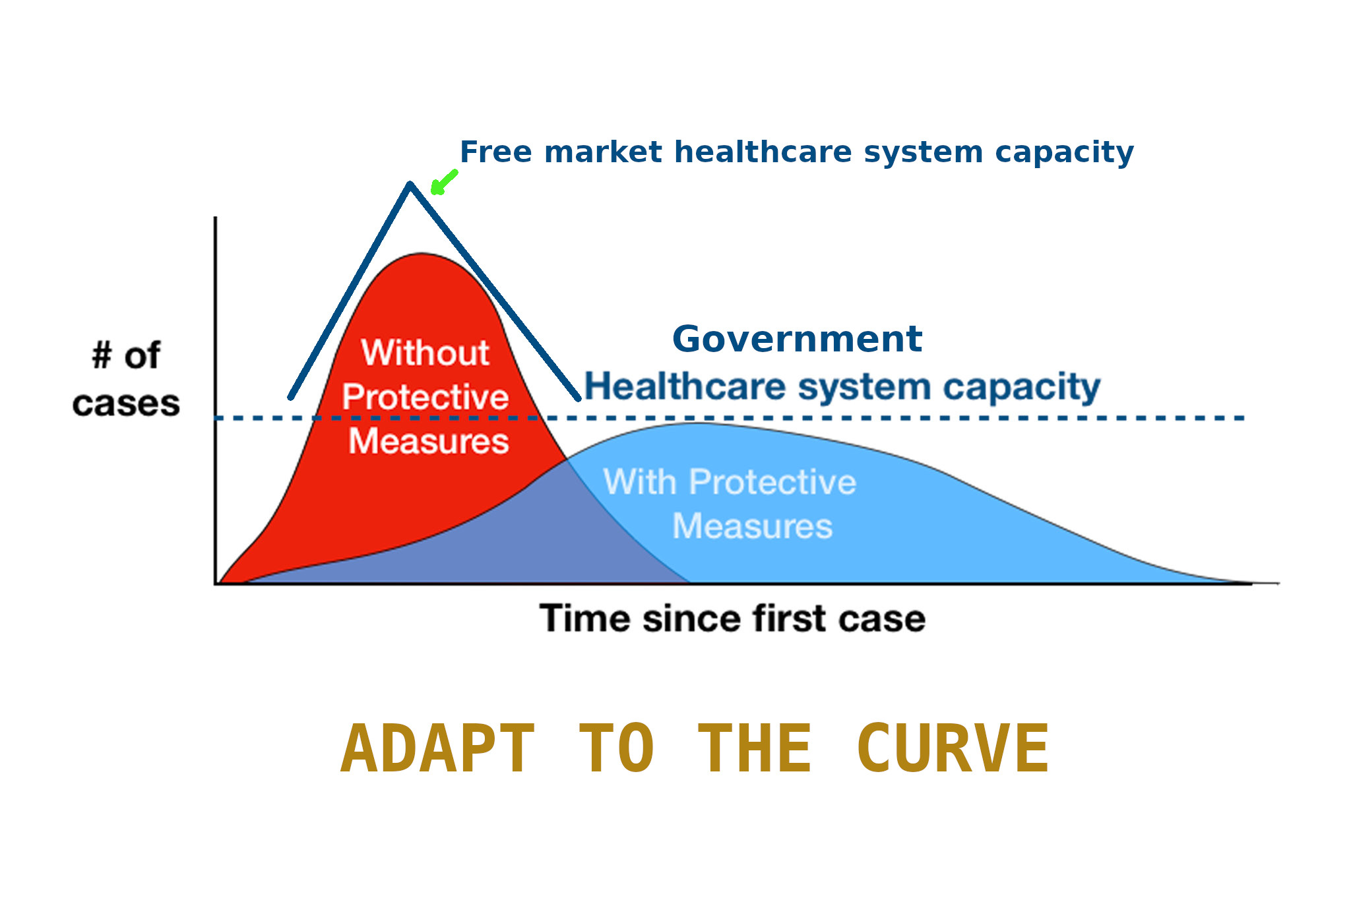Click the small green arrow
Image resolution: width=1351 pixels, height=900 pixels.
tap(443, 183)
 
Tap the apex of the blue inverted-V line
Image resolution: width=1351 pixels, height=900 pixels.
tap(410, 185)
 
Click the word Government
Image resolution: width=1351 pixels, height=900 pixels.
tap(797, 340)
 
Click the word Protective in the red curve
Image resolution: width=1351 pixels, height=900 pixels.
tap(425, 397)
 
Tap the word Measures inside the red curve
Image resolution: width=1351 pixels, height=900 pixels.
tap(429, 441)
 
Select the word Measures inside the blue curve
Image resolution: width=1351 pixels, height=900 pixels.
tap(753, 526)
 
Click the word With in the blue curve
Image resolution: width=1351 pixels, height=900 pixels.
tap(640, 481)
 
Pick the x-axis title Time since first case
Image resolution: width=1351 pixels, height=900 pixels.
tap(732, 618)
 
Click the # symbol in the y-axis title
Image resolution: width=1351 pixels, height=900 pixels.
tap(102, 356)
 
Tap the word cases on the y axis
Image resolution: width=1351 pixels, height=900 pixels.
tap(126, 404)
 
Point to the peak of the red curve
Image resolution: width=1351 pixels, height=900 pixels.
tap(422, 254)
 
